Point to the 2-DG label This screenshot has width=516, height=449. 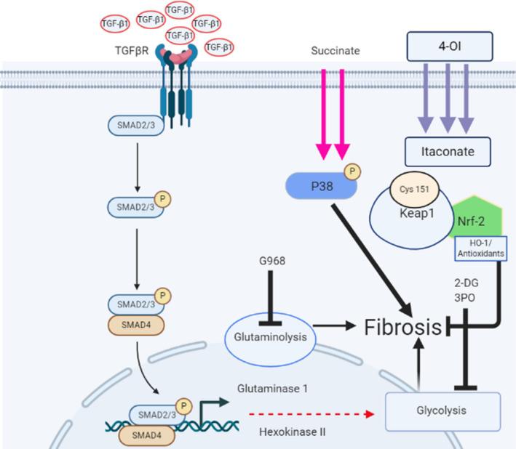pos(463,283)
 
